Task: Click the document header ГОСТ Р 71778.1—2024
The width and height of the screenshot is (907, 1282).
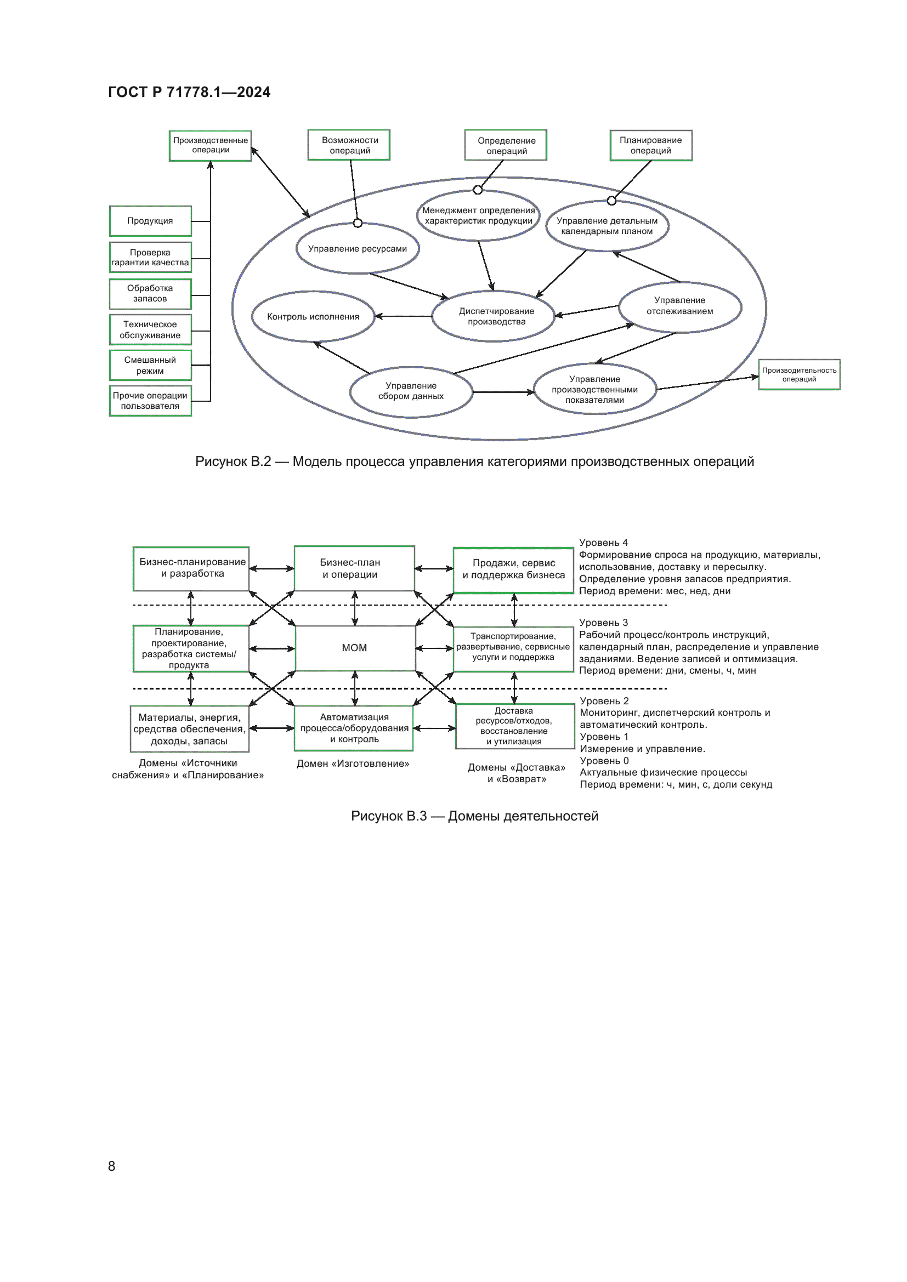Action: (189, 92)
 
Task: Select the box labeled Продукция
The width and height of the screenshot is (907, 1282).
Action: (150, 221)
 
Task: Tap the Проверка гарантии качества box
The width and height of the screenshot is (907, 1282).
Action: (150, 258)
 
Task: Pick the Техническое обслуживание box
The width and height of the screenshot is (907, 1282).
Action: (150, 329)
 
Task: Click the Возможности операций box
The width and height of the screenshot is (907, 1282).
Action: (349, 145)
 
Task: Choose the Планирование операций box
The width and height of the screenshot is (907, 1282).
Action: (651, 145)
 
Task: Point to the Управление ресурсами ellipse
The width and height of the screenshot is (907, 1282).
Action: (358, 248)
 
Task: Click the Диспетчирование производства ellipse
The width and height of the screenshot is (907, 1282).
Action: (494, 316)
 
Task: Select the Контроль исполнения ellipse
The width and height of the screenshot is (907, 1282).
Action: (313, 317)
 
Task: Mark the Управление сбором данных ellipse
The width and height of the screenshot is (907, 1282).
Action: (411, 391)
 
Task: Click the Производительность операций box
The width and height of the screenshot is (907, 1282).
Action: (799, 375)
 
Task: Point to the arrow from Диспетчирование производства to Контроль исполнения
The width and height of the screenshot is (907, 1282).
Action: (403, 317)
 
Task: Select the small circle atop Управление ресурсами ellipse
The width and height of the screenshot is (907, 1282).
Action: (358, 223)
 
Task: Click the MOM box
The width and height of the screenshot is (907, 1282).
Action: (355, 648)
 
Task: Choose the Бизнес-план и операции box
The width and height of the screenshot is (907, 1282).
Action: (354, 568)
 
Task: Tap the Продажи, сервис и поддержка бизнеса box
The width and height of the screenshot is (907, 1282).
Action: (513, 569)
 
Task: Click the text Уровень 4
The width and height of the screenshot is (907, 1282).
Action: (603, 543)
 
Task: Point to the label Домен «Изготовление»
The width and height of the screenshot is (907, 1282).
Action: (353, 764)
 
